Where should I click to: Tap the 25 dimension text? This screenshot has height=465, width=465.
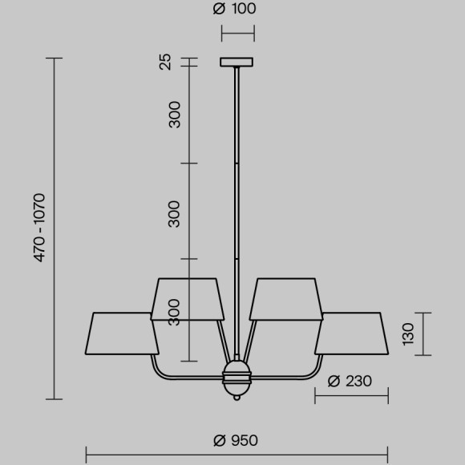166,62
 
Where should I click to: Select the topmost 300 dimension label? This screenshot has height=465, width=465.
175,115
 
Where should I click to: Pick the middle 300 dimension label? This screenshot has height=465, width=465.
175,213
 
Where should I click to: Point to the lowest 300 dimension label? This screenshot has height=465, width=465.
175,309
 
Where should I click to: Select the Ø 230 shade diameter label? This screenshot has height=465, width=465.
350,381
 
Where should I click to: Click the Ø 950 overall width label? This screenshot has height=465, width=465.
236,440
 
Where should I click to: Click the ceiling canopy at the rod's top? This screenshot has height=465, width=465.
237,62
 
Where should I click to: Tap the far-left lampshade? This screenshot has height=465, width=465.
123,332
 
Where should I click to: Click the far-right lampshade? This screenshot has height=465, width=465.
351,332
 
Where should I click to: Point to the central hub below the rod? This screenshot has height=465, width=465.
237,372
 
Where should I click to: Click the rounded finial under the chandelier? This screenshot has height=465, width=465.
237,393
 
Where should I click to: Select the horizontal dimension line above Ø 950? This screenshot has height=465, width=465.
237,455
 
